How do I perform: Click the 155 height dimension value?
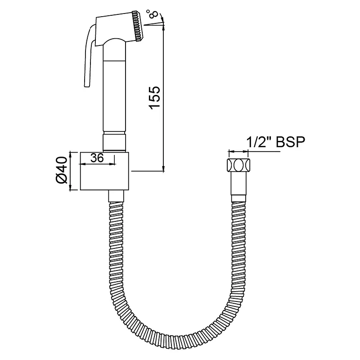(x=154, y=98)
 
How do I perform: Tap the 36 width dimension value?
(x=97, y=158)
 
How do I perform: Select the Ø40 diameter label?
(x=62, y=170)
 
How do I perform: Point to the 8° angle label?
(x=153, y=13)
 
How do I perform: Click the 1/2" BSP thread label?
(x=276, y=142)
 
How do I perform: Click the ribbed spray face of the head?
(x=138, y=26)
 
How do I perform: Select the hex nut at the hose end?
(x=238, y=165)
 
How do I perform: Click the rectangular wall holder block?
(x=104, y=171)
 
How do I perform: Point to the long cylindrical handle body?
(x=114, y=87)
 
